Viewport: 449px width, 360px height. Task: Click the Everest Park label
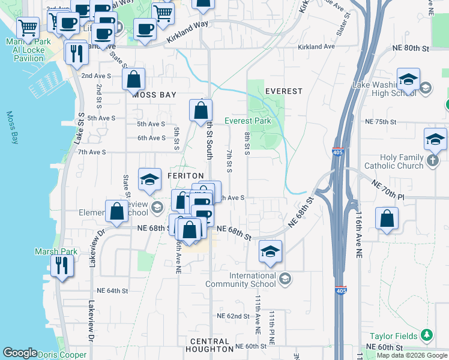248,121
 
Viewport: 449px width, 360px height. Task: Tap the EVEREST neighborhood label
283,91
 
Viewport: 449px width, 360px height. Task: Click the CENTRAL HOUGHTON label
211,345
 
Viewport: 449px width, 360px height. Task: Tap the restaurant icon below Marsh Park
62,266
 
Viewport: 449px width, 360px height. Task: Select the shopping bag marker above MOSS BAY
133,79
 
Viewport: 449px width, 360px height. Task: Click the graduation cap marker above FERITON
149,179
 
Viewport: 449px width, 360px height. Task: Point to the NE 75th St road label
382,122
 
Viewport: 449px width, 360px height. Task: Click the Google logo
19,353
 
